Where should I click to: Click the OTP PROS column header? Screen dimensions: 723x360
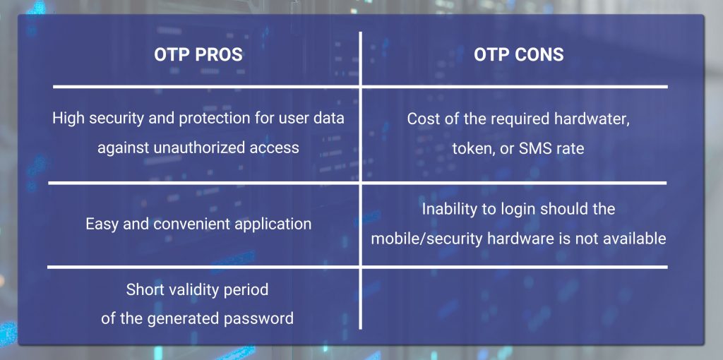point(198,54)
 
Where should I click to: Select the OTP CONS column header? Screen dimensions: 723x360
point(519,54)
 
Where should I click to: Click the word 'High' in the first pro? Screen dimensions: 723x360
point(68,119)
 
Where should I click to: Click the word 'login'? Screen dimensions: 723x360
point(521,210)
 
